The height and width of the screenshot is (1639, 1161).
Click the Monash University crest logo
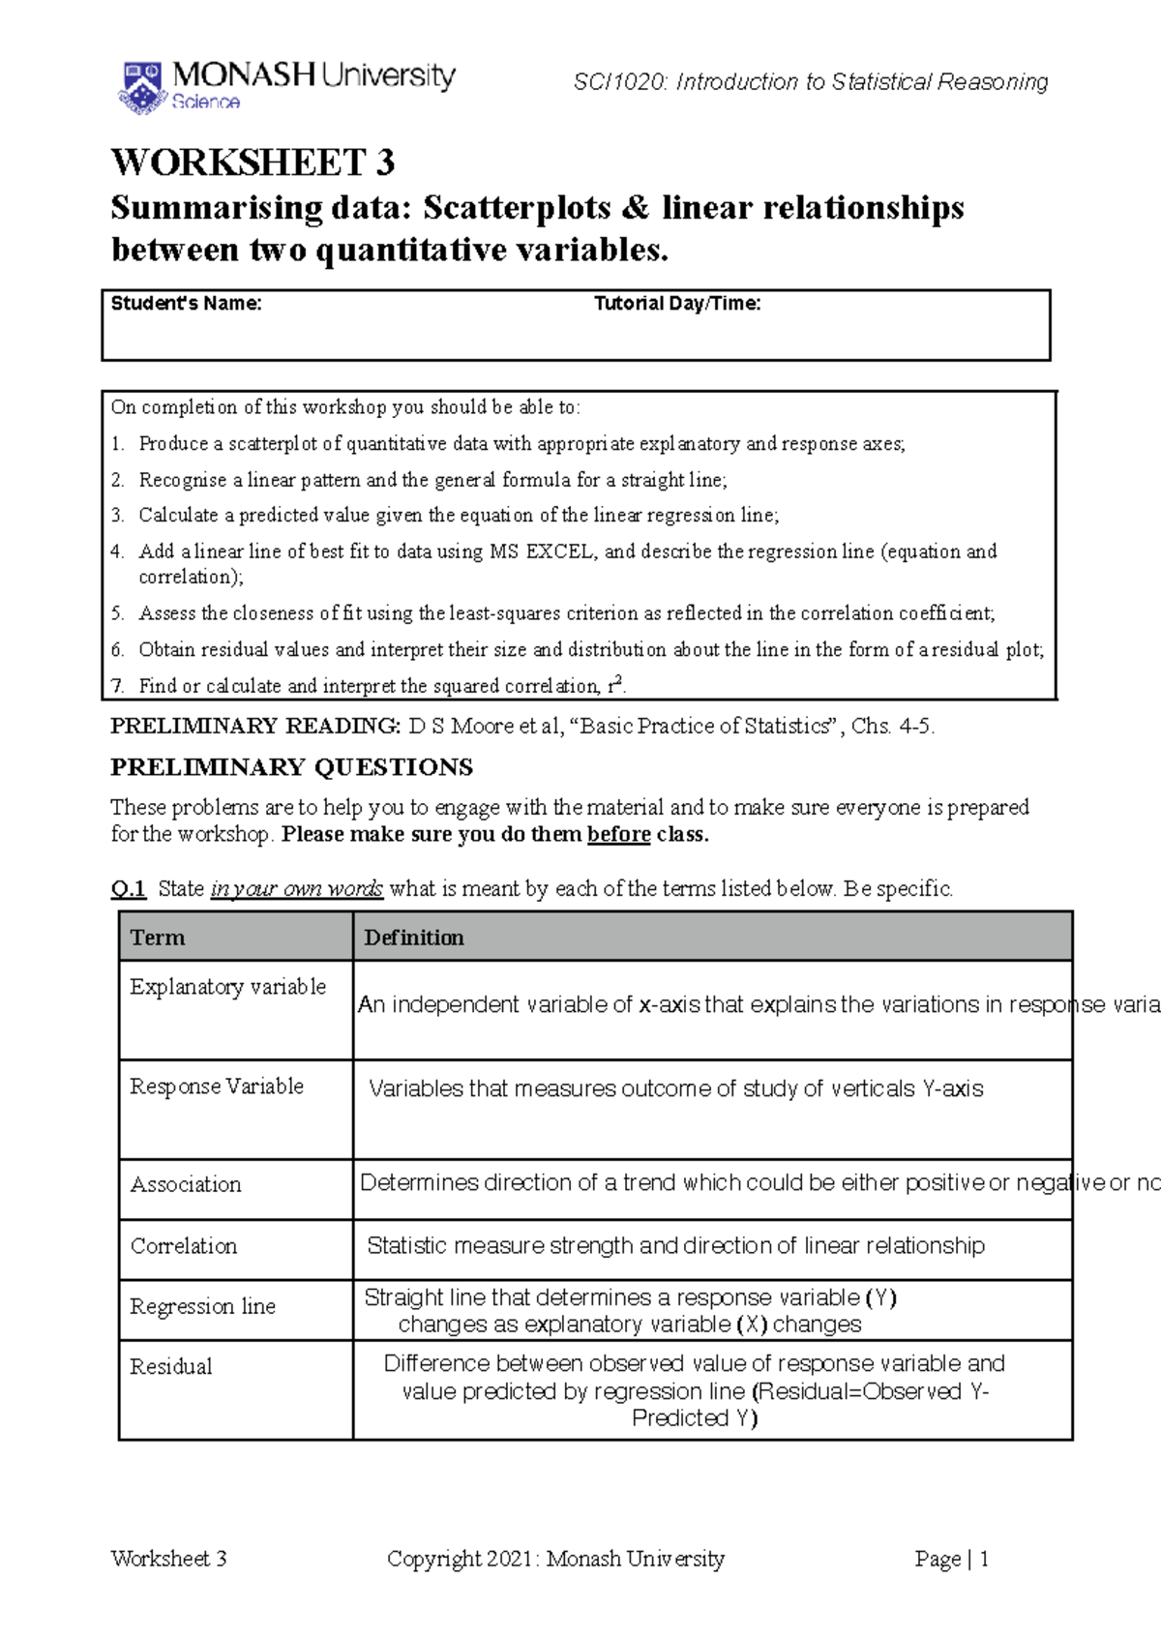coord(141,86)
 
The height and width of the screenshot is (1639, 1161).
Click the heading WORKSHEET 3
coord(253,163)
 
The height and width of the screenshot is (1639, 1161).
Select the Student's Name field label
coord(186,304)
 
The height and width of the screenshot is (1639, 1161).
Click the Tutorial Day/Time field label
coord(677,304)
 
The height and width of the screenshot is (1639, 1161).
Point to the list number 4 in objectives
coord(117,551)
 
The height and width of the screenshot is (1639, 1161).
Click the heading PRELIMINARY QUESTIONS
coord(291,767)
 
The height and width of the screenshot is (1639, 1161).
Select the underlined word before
coord(618,834)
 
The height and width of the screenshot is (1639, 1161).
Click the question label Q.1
coord(128,888)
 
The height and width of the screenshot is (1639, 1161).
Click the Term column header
coord(158,938)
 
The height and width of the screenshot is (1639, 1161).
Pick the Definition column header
coord(414,938)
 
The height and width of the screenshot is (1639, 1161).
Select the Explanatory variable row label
coord(228,987)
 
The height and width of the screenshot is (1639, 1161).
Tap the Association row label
coord(186,1184)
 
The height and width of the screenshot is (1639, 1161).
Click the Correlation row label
coord(184,1246)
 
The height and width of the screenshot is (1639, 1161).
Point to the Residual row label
coord(171,1366)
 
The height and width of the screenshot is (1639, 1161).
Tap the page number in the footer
coord(984,1559)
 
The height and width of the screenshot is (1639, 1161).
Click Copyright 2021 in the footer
coord(460,1559)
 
